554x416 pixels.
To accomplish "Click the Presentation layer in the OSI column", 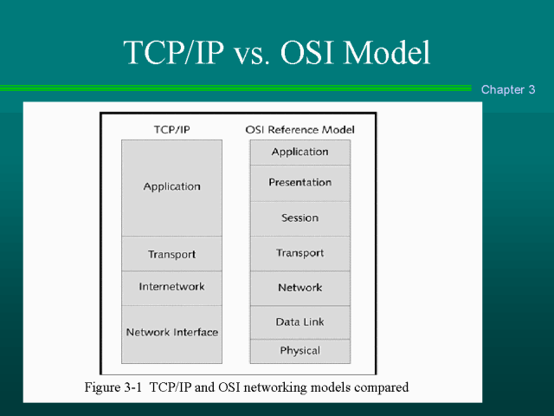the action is point(300,183).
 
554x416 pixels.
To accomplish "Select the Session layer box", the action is point(300,218).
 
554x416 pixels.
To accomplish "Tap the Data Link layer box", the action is point(300,322).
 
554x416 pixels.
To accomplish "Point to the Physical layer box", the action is point(300,351).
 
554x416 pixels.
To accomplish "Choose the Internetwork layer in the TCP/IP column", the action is point(171,289).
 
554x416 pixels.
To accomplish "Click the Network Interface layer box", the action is point(171,335).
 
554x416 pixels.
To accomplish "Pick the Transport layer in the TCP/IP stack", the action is point(171,254).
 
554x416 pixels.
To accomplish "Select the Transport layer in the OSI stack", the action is point(300,254).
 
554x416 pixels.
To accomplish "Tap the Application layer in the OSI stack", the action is point(300,153).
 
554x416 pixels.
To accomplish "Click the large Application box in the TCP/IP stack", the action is point(171,188).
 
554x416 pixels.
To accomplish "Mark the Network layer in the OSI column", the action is point(300,289).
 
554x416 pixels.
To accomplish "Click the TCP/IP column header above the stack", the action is point(172,130).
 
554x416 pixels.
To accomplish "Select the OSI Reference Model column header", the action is point(300,130).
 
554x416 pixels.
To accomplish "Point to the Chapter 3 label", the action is point(508,89).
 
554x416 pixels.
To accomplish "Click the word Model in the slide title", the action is point(387,52).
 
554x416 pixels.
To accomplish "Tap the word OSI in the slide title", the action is point(307,52).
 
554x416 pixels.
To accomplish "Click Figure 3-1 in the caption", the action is point(113,387).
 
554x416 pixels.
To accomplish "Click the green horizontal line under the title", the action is point(235,88).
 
